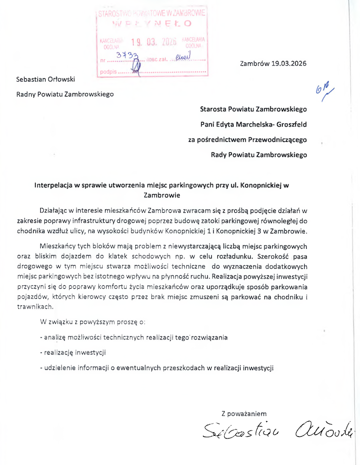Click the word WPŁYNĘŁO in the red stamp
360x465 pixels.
coord(152,23)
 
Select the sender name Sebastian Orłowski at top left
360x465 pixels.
coord(46,79)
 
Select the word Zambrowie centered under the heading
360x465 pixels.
coord(162,196)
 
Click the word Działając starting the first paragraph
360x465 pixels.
coord(55,210)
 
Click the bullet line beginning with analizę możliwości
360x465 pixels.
coord(134,337)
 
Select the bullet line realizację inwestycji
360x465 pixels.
coord(73,353)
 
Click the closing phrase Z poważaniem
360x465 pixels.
coord(244,414)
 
